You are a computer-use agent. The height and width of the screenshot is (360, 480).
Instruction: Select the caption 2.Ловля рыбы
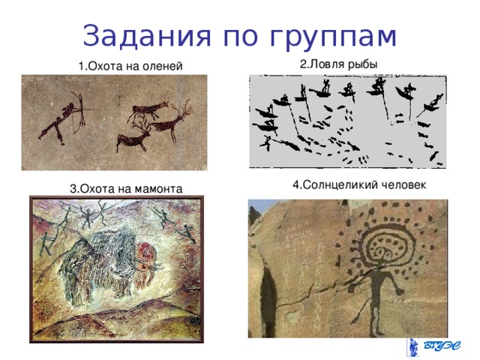(338, 64)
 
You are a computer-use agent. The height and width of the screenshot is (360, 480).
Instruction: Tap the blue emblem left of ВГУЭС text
(413, 346)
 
